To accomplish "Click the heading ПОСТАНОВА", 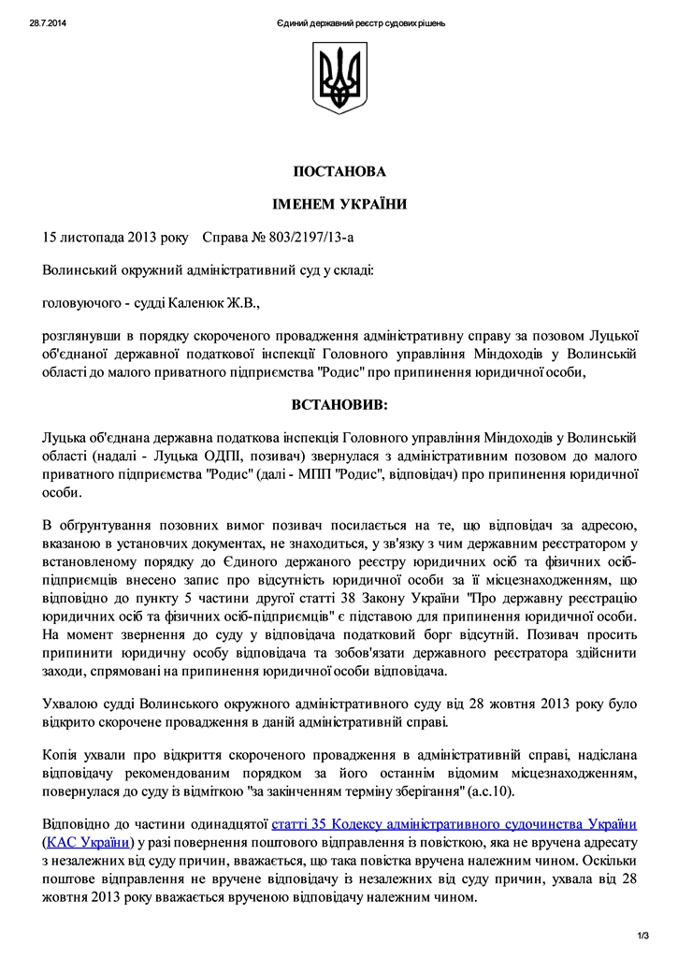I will pos(339,171).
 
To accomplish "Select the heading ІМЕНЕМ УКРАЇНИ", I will pos(339,203).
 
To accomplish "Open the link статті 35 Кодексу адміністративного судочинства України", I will pos(454,824).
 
